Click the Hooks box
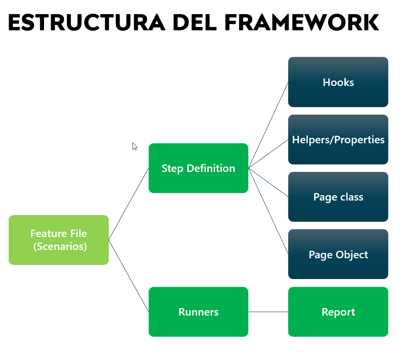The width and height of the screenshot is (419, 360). pyautogui.click(x=338, y=82)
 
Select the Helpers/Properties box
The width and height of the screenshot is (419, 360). pyautogui.click(x=338, y=140)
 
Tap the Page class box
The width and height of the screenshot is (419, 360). pyautogui.click(x=338, y=197)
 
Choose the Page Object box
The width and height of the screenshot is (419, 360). pyautogui.click(x=338, y=254)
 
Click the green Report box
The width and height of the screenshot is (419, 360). pyautogui.click(x=338, y=312)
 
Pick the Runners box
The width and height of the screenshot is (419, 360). pyautogui.click(x=198, y=312)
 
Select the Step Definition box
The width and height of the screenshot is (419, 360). pyautogui.click(x=198, y=168)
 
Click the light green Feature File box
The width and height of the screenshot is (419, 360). pyautogui.click(x=59, y=240)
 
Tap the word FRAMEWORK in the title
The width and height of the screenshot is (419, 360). pyautogui.click(x=301, y=23)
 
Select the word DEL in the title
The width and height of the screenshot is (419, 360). pyautogui.click(x=194, y=23)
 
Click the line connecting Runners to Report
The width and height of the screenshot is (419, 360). pyautogui.click(x=268, y=312)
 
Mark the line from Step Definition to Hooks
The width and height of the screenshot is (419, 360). pyautogui.click(x=268, y=125)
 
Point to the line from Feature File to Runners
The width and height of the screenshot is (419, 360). pyautogui.click(x=129, y=276)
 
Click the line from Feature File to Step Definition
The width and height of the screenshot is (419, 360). pyautogui.click(x=129, y=204)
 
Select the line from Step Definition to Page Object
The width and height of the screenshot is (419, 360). pyautogui.click(x=268, y=211)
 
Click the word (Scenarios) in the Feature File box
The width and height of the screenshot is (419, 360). pyautogui.click(x=60, y=246)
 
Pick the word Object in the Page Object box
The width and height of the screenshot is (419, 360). pyautogui.click(x=353, y=255)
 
